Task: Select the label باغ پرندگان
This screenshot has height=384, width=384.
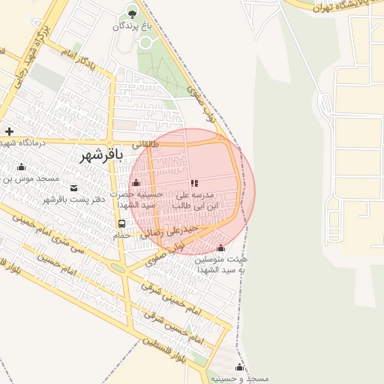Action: (x=133, y=25)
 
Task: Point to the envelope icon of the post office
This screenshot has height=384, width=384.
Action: (x=73, y=187)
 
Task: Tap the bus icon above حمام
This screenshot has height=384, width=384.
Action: (x=121, y=223)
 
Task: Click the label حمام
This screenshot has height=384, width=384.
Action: (x=121, y=235)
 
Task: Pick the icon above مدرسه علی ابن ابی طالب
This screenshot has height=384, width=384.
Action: (x=194, y=182)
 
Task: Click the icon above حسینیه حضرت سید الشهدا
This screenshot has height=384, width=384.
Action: (x=136, y=183)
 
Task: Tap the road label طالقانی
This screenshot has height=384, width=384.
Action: (x=145, y=143)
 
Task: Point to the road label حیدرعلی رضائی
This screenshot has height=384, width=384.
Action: (x=175, y=230)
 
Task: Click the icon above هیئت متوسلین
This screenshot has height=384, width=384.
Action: (x=220, y=248)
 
